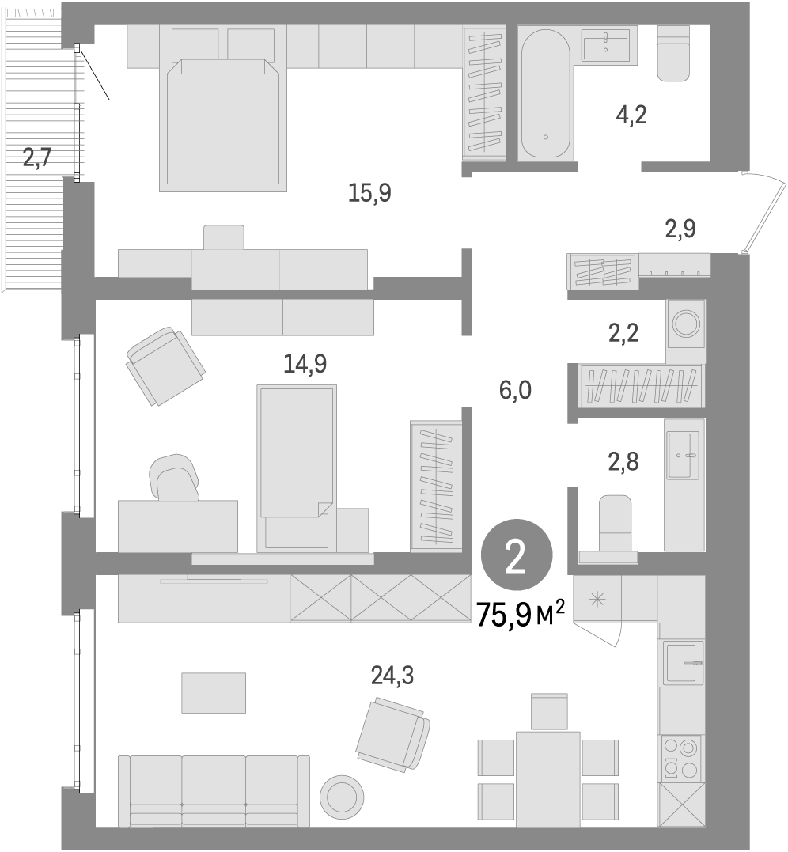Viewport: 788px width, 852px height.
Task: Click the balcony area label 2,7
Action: click(x=36, y=157)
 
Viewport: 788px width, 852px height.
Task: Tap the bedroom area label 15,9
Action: click(x=369, y=192)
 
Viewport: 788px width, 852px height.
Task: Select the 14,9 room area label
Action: click(x=305, y=363)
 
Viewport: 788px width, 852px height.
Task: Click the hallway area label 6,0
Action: click(x=514, y=389)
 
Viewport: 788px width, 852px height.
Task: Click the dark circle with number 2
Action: click(x=515, y=559)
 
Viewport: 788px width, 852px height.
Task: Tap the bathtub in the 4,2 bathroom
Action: click(x=544, y=93)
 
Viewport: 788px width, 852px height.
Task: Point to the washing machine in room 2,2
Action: click(x=684, y=323)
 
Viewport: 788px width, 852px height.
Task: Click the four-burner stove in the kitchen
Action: click(x=680, y=757)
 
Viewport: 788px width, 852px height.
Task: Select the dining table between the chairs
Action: click(x=548, y=769)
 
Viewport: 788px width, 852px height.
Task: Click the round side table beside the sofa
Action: click(x=342, y=795)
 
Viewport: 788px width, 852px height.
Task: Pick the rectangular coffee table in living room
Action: click(x=214, y=693)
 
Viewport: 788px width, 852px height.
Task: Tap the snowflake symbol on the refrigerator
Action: click(x=597, y=600)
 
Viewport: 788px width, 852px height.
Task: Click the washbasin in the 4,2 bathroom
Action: click(x=606, y=45)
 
